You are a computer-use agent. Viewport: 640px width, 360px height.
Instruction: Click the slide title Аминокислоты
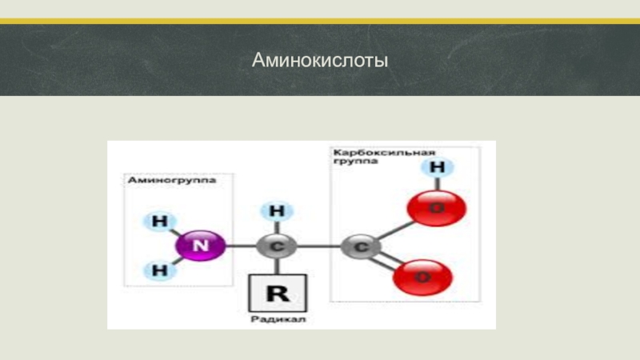319,60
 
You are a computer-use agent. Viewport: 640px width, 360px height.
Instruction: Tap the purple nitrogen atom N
200,246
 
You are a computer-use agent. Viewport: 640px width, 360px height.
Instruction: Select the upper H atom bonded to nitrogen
161,220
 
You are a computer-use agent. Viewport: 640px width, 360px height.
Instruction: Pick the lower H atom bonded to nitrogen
161,271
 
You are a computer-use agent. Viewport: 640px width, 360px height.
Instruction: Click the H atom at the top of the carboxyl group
438,168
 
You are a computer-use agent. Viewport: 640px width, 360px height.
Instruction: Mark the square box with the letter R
277,293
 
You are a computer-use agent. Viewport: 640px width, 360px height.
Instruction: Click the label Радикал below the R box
278,319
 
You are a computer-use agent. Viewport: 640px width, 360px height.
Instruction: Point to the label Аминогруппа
173,181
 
